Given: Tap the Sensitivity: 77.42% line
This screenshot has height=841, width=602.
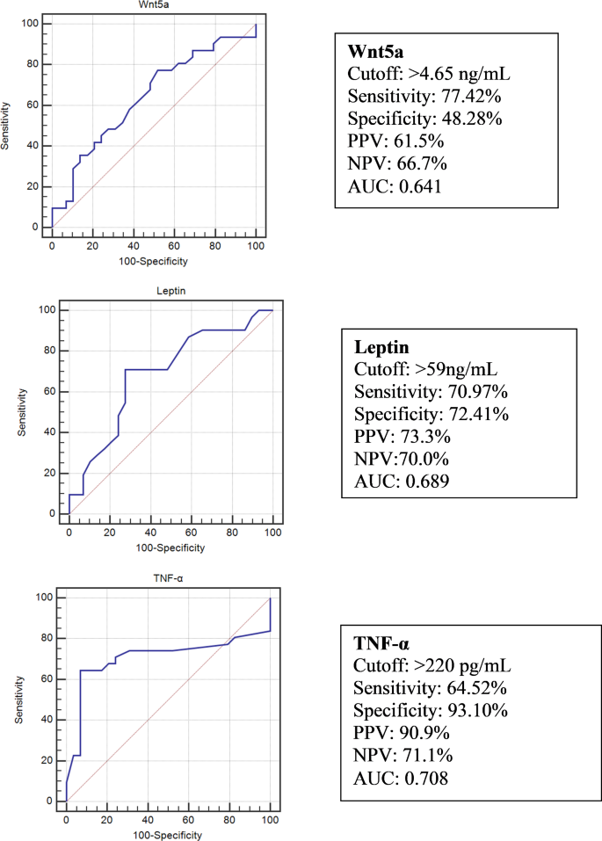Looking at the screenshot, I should coord(417,95).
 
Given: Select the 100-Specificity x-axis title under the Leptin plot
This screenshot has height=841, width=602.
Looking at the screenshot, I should coord(170,547).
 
